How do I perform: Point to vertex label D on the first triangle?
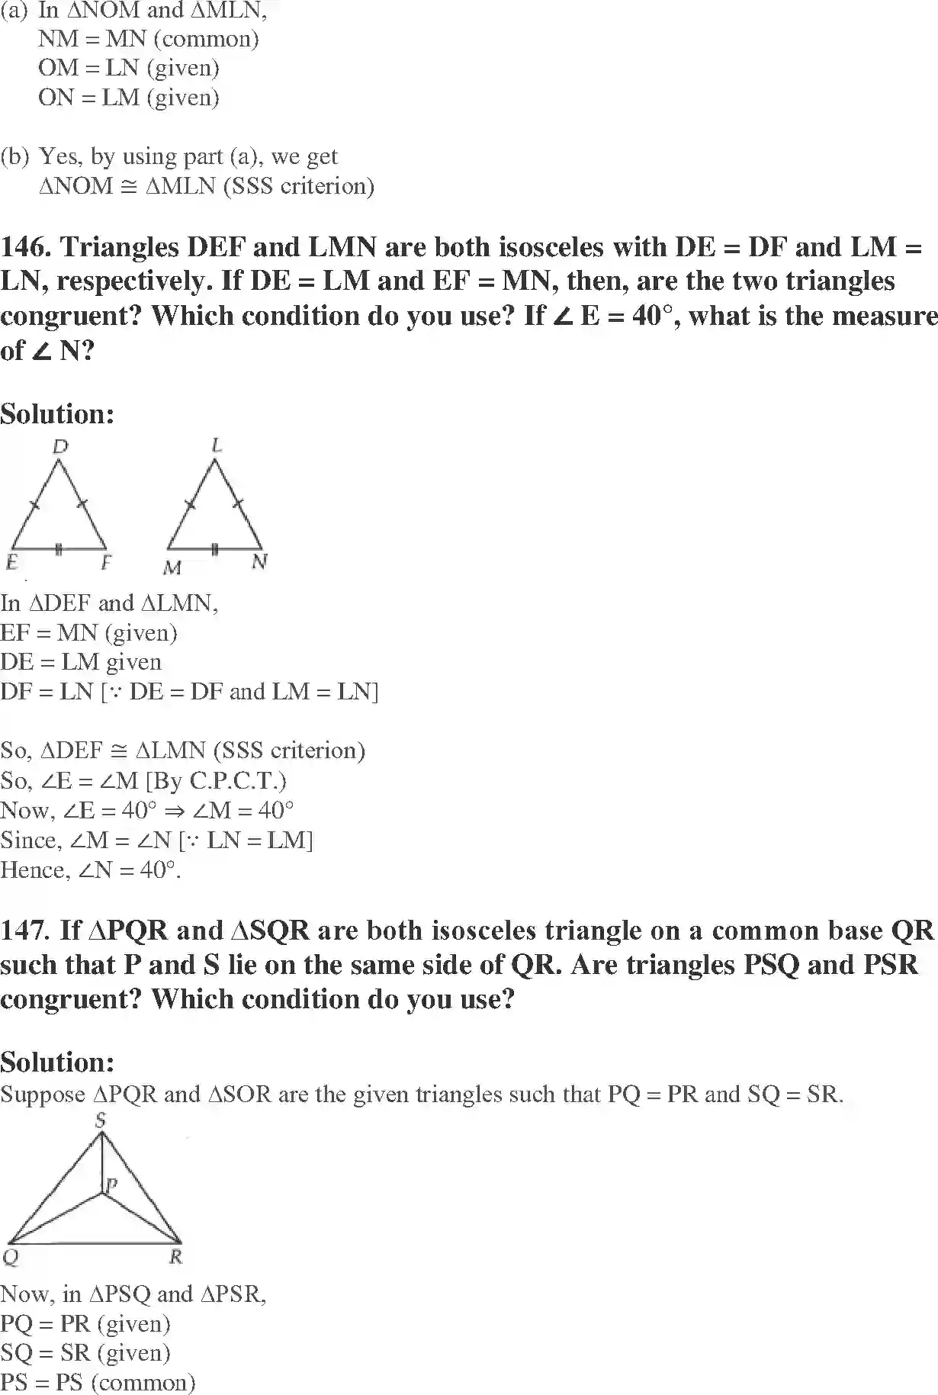click(x=60, y=447)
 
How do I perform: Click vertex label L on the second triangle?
click(x=217, y=445)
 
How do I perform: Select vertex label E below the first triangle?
click(x=12, y=563)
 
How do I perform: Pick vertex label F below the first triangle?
click(x=106, y=563)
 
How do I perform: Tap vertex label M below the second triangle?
click(x=172, y=568)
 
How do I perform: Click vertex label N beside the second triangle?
click(x=260, y=563)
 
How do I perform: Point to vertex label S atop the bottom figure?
click(x=100, y=1120)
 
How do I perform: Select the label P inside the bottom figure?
click(x=111, y=1184)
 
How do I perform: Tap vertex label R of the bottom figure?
click(x=175, y=1257)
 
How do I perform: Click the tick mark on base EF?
click(x=59, y=548)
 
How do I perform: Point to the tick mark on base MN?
click(x=215, y=548)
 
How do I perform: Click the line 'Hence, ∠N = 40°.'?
click(x=91, y=869)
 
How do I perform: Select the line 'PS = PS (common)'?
click(x=98, y=1382)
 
